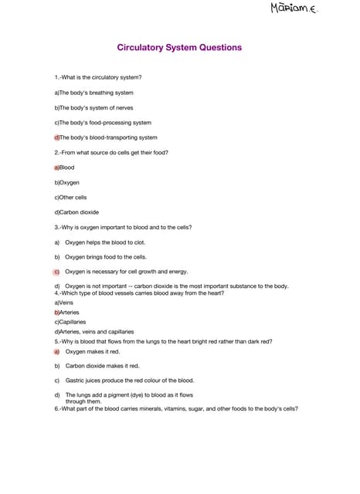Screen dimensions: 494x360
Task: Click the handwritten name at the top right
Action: click(294, 9)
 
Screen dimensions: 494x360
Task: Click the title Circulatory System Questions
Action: click(179, 48)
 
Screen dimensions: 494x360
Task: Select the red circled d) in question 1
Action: click(57, 137)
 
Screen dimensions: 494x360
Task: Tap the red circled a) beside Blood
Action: click(57, 167)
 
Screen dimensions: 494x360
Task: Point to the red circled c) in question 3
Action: click(57, 272)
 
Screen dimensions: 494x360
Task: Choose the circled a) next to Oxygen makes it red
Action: click(57, 351)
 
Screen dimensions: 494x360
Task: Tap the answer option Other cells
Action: click(72, 198)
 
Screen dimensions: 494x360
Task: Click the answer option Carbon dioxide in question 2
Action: click(77, 212)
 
